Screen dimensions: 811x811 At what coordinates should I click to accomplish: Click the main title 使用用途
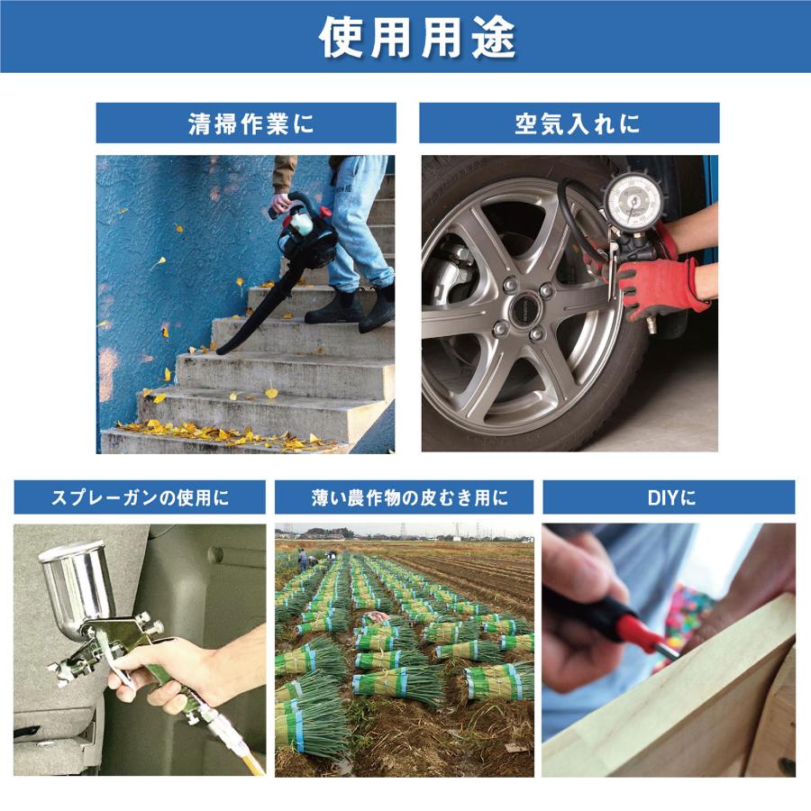tap(405, 37)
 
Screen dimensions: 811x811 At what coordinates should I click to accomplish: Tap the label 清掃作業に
tap(246, 123)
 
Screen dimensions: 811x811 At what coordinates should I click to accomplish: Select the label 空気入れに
tap(569, 123)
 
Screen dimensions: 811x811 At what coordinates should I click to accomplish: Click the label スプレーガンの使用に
tap(140, 497)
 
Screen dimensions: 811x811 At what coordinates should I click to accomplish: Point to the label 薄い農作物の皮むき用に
tap(404, 497)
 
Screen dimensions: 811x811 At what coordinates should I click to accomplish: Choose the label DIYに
tap(669, 497)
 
